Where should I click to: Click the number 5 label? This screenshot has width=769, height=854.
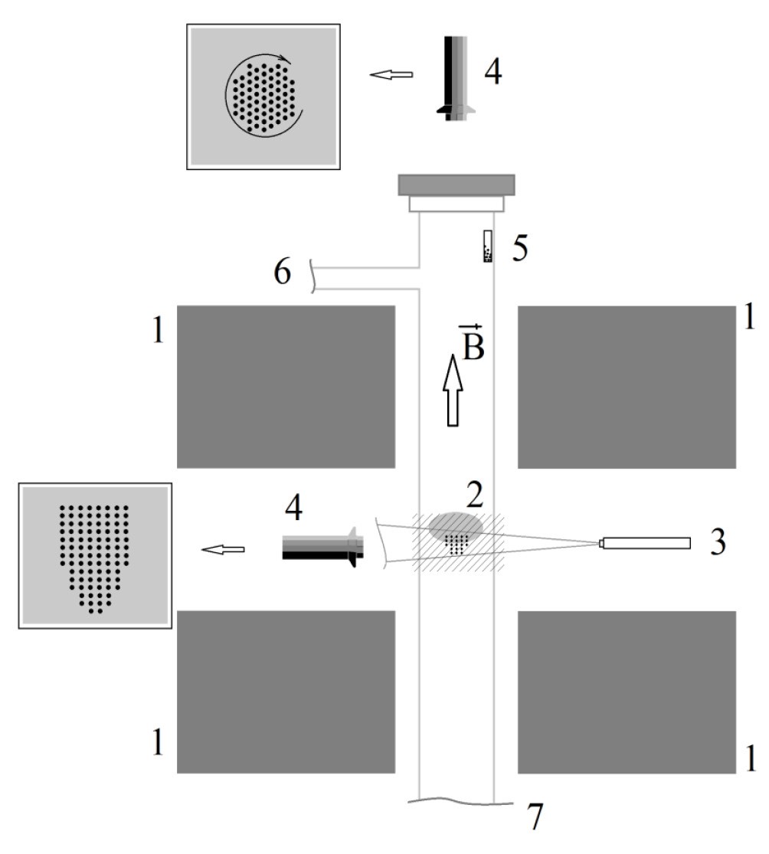point(519,249)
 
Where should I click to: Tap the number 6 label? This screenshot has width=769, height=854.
point(282,272)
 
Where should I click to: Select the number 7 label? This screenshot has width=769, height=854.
point(536,817)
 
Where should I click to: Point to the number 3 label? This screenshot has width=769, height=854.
point(718,542)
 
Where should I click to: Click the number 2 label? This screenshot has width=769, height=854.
point(474,495)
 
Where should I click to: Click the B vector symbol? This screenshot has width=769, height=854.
point(472,342)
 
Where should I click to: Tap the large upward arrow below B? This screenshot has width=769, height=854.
point(453,390)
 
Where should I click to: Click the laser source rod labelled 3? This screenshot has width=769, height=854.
point(645,543)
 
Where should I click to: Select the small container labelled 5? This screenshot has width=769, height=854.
point(488,246)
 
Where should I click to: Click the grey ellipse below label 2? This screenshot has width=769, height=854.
point(456,527)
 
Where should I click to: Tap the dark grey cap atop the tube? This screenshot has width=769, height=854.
point(456,185)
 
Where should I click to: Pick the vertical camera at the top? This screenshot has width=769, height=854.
point(456,78)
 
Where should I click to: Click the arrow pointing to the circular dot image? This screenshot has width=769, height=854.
point(391,74)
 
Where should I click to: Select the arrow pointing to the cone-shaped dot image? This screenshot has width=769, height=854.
point(223,549)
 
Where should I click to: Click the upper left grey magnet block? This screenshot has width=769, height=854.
point(286,387)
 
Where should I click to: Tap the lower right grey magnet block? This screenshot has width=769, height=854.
point(627,692)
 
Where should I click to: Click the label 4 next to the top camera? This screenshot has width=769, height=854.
point(492,71)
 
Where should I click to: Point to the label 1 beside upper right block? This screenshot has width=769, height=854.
point(750,316)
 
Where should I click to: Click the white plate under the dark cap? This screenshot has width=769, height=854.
point(456,204)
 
